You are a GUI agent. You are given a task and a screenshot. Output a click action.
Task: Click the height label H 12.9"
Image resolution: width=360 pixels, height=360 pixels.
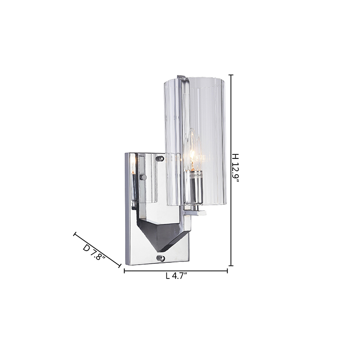[235, 168]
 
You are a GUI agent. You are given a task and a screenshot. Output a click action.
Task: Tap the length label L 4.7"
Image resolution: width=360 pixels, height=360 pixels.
[177, 276]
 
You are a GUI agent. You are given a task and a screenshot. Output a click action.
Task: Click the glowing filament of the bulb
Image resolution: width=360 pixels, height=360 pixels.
[192, 158]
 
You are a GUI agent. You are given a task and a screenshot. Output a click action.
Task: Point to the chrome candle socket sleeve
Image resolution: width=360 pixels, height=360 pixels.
[193, 187]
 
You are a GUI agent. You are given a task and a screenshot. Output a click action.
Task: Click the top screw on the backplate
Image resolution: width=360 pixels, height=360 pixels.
[160, 158]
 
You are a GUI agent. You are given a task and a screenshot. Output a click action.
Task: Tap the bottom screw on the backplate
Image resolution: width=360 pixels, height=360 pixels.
[161, 258]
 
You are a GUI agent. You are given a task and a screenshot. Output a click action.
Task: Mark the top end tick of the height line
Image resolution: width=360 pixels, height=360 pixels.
[231, 75]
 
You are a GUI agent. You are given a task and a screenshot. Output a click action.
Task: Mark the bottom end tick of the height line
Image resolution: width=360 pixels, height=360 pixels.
[231, 265]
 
